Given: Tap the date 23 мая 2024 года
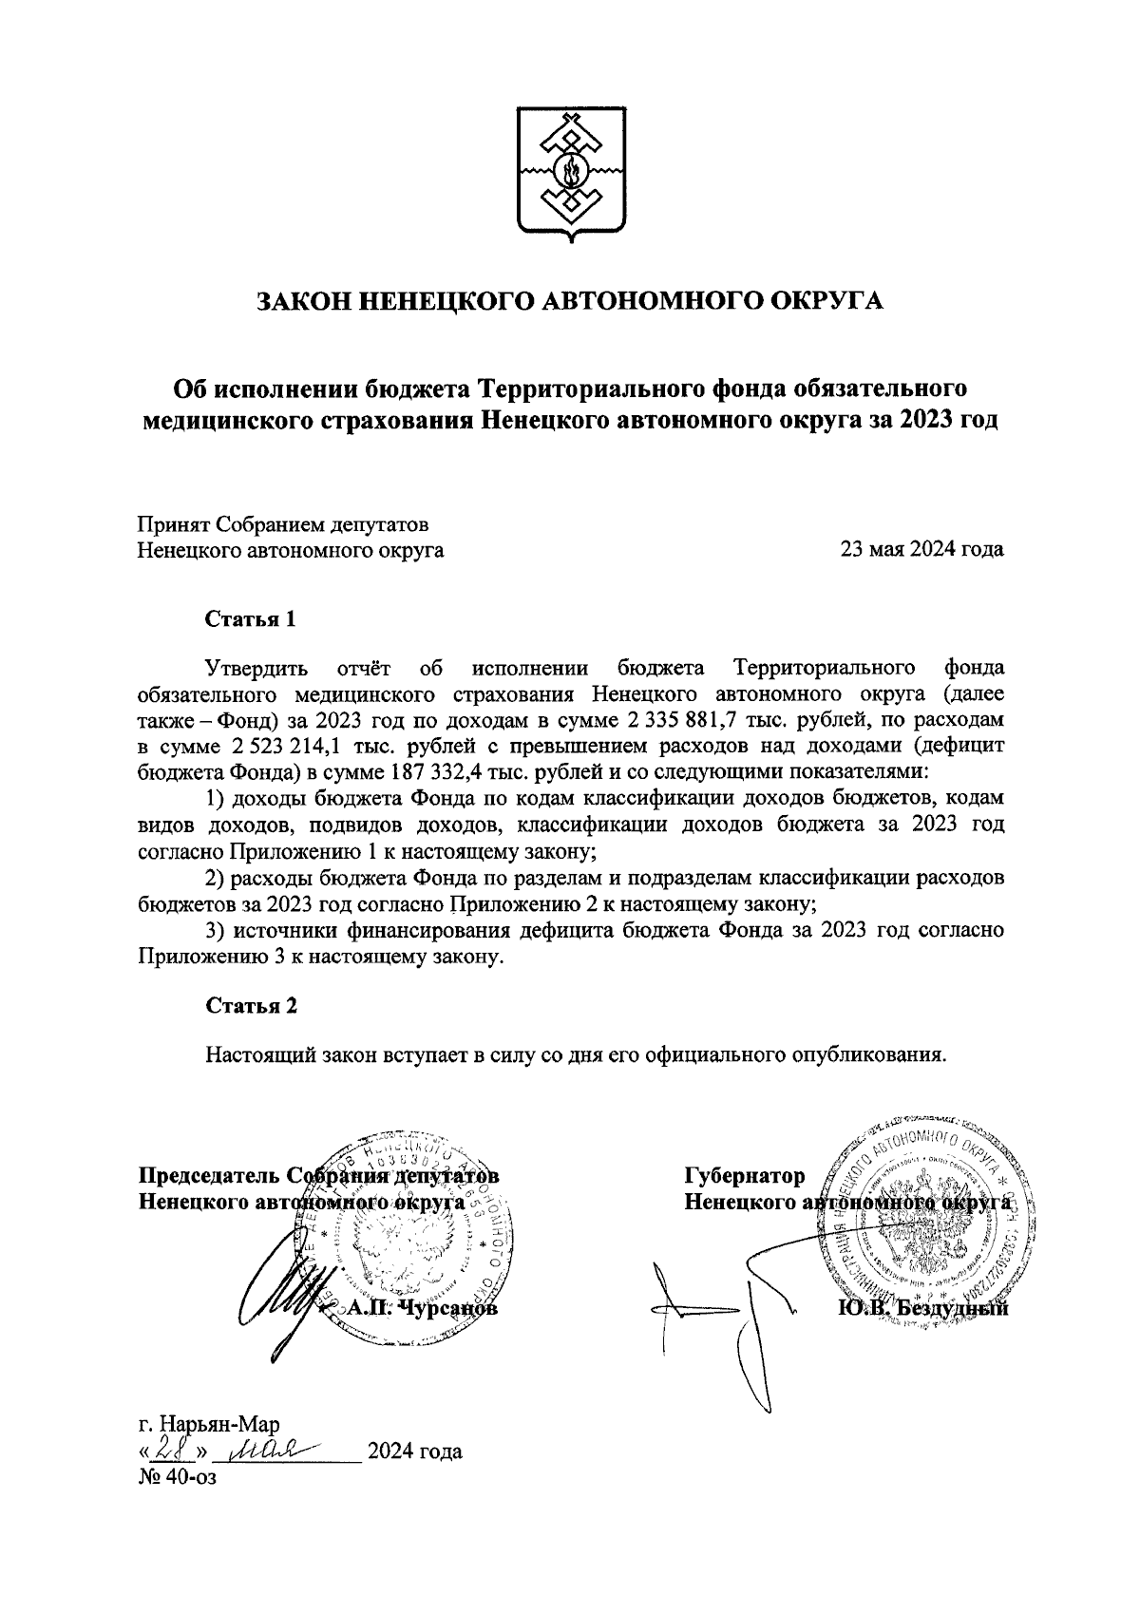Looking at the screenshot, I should click(x=921, y=549).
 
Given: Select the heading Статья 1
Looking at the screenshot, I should click(x=252, y=619).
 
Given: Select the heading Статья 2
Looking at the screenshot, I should click(x=252, y=1006).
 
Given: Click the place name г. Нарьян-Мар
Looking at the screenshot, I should click(x=208, y=1426).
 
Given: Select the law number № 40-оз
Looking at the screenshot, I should click(x=178, y=1477).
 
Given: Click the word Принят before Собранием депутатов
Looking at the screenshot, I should click(x=173, y=523).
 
